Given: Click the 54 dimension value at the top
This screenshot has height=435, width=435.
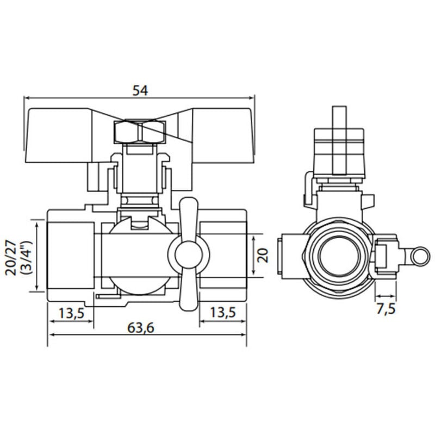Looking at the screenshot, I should (x=140, y=90).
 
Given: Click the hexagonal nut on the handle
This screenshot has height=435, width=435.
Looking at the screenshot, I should (x=139, y=132).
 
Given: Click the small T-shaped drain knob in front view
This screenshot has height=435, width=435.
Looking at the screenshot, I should (x=188, y=254).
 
